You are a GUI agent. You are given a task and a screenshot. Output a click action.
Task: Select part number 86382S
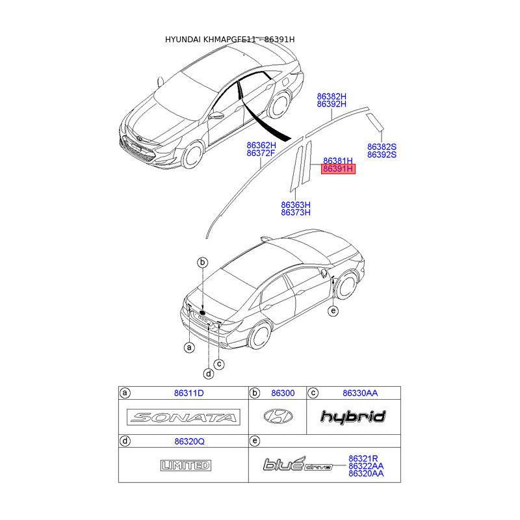tap(382, 147)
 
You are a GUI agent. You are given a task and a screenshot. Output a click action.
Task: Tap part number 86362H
tap(261, 145)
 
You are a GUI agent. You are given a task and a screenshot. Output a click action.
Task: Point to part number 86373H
tap(296, 213)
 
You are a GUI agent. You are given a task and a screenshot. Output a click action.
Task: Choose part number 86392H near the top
tap(331, 104)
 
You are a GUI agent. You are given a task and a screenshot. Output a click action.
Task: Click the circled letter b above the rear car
tap(203, 262)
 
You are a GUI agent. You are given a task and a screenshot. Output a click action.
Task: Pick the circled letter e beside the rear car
tap(333, 311)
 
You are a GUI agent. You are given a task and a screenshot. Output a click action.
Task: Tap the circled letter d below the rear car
tap(208, 374)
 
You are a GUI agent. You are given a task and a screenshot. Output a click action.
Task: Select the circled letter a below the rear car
tap(189, 348)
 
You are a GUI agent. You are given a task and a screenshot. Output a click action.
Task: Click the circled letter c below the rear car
tap(219, 364)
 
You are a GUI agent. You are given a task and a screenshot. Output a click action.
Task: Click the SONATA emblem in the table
tap(183, 417)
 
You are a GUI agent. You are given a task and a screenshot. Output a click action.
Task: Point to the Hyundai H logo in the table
tap(278, 417)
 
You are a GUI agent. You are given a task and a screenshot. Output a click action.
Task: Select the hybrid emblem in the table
tap(353, 417)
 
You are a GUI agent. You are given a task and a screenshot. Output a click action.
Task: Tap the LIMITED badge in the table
tap(186, 465)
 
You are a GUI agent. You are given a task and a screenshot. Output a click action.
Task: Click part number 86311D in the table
tap(189, 393)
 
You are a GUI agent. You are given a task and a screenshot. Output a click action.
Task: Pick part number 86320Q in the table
tap(189, 441)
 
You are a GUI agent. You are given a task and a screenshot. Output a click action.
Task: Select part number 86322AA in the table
tap(366, 466)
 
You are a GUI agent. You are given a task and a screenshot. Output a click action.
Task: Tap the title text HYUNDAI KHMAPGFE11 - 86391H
tap(230, 40)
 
